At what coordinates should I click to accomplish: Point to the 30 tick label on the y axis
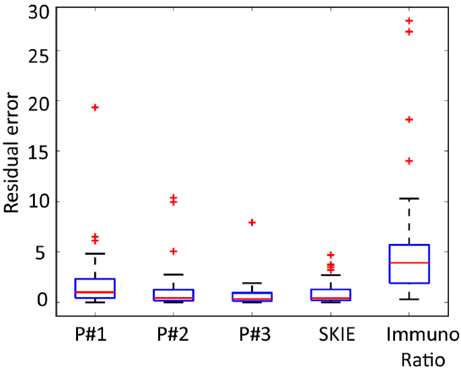(x=38, y=10)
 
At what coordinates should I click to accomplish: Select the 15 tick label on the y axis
(x=38, y=151)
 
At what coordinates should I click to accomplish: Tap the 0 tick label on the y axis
(x=43, y=301)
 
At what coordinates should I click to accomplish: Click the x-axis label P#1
(x=94, y=335)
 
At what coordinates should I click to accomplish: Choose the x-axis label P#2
(x=173, y=335)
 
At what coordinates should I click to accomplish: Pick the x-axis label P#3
(x=252, y=335)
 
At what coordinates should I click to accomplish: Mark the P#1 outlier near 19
(x=95, y=108)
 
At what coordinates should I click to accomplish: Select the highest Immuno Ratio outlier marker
(x=409, y=22)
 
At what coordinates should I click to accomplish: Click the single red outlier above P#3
(x=252, y=222)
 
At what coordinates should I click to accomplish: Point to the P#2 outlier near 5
(x=174, y=251)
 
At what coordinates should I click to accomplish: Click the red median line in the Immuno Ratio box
(x=409, y=263)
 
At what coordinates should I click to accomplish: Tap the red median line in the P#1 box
(x=95, y=292)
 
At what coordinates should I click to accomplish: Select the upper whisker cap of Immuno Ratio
(x=409, y=198)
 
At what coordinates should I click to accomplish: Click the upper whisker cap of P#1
(x=95, y=253)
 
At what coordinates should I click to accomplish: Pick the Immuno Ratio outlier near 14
(x=409, y=161)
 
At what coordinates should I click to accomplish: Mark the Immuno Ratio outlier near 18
(x=409, y=120)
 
